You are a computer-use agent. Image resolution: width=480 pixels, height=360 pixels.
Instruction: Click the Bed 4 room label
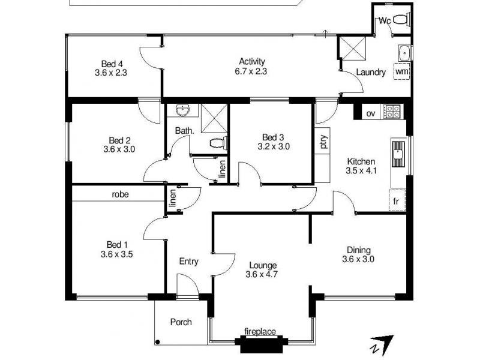pos(111,64)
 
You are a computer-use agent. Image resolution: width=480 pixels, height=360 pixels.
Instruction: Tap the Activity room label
pos(252,61)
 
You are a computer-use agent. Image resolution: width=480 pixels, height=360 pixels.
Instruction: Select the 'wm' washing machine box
pos(402,71)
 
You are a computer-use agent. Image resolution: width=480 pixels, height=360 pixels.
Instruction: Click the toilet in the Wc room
pos(402,19)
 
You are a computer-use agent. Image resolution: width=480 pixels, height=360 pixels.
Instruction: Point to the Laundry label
pos(370,73)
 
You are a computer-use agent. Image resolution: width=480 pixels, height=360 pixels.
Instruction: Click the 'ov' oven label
pos(371,112)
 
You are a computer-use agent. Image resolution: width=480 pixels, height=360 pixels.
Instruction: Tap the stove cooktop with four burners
pos(392,112)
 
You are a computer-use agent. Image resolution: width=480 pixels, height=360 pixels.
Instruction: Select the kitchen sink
pos(398,155)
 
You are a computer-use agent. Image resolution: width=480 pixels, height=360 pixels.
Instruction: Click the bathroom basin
pos(183,110)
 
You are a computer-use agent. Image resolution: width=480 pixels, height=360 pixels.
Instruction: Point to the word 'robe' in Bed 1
pos(121,194)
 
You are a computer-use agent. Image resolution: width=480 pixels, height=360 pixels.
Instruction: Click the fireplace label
pos(260,331)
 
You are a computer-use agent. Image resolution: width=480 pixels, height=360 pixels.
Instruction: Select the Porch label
pos(181,322)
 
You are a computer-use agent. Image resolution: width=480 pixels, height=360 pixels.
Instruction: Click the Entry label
pos(189,262)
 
